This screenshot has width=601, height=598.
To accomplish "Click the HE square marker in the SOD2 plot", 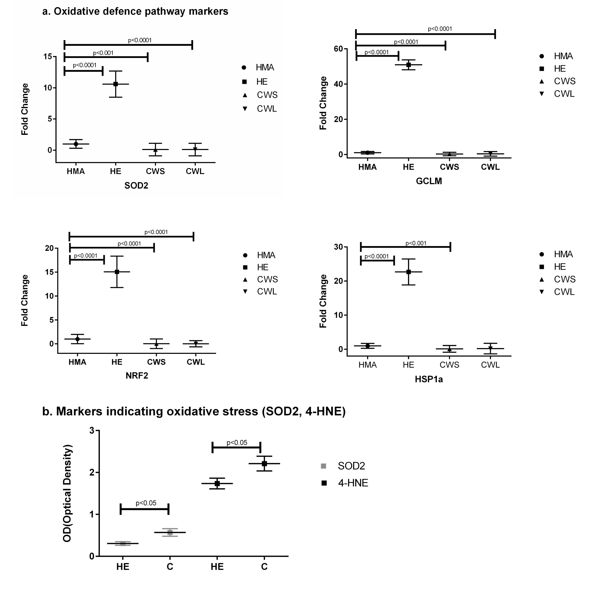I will click(x=115, y=84).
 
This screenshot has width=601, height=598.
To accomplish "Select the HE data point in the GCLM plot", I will click(x=408, y=65).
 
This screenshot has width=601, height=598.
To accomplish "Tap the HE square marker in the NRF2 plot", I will click(x=117, y=272).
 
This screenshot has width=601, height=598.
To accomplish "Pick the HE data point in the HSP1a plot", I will click(x=408, y=272).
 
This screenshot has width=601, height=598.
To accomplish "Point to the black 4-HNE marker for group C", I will click(x=264, y=464).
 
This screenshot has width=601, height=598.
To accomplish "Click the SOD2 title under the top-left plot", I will click(x=136, y=186).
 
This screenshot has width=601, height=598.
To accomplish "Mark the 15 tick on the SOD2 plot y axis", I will click(x=48, y=57).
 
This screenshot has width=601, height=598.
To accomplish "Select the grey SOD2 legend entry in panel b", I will click(x=351, y=466).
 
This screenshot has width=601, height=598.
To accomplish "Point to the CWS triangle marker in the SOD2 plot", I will click(x=155, y=150).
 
